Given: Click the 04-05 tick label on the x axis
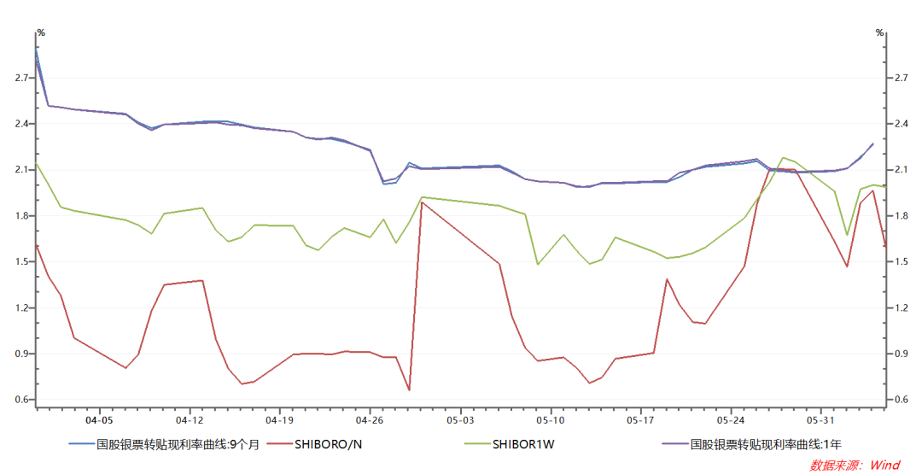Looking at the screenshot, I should coord(100,420).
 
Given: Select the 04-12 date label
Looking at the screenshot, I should coord(190,420).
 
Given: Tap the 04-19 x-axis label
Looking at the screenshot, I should coord(280,420).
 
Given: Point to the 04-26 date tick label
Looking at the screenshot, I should coord(370,420).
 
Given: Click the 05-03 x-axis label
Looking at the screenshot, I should coord(460,420).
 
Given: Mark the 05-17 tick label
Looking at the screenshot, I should coord(640,420).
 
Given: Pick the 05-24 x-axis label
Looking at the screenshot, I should coord(731,420).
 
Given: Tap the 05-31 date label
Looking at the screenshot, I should coord(820,420).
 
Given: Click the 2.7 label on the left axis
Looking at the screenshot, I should coord(21,79).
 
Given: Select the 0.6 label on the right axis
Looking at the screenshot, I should coord(901,400).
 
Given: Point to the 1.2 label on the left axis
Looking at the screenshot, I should coord(21,308).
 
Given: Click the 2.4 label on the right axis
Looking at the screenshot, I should coord(901,125).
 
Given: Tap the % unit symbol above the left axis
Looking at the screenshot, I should coord(40,32).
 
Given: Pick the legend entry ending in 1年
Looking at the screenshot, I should coord(765,443).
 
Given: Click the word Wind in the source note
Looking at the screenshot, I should coord(884,465).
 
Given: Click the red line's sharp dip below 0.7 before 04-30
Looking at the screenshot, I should coord(409,390).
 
